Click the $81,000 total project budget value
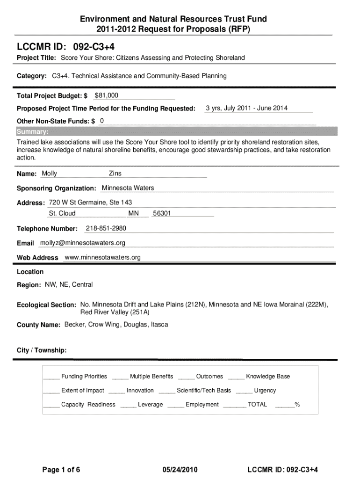click(106, 95)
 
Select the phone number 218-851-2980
click(106, 228)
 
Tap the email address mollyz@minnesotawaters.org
click(83, 243)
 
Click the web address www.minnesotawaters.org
click(102, 257)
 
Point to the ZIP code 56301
click(162, 213)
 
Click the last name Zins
click(115, 174)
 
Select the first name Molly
click(50, 174)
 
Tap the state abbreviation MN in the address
click(133, 213)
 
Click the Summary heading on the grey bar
click(33, 131)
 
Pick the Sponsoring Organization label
click(57, 189)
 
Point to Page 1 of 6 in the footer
click(61, 470)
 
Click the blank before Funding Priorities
click(51, 377)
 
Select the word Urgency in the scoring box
click(265, 391)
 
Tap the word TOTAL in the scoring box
click(258, 405)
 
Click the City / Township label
click(42, 350)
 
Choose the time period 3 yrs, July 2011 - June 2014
click(246, 108)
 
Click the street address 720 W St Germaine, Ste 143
click(90, 203)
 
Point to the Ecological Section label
click(46, 305)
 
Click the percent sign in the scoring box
click(297, 405)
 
